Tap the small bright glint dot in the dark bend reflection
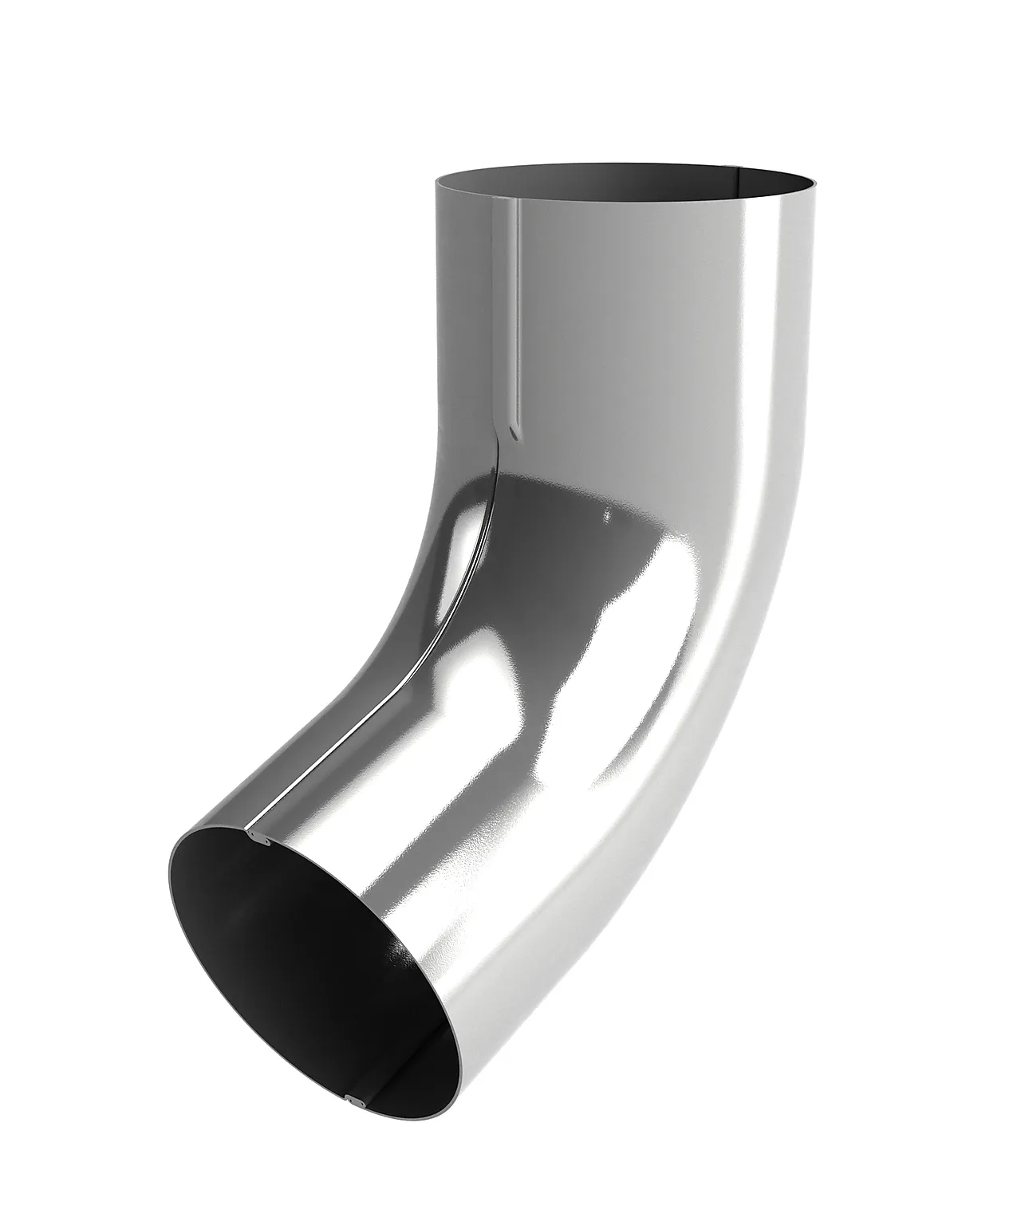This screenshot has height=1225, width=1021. click(609, 517)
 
